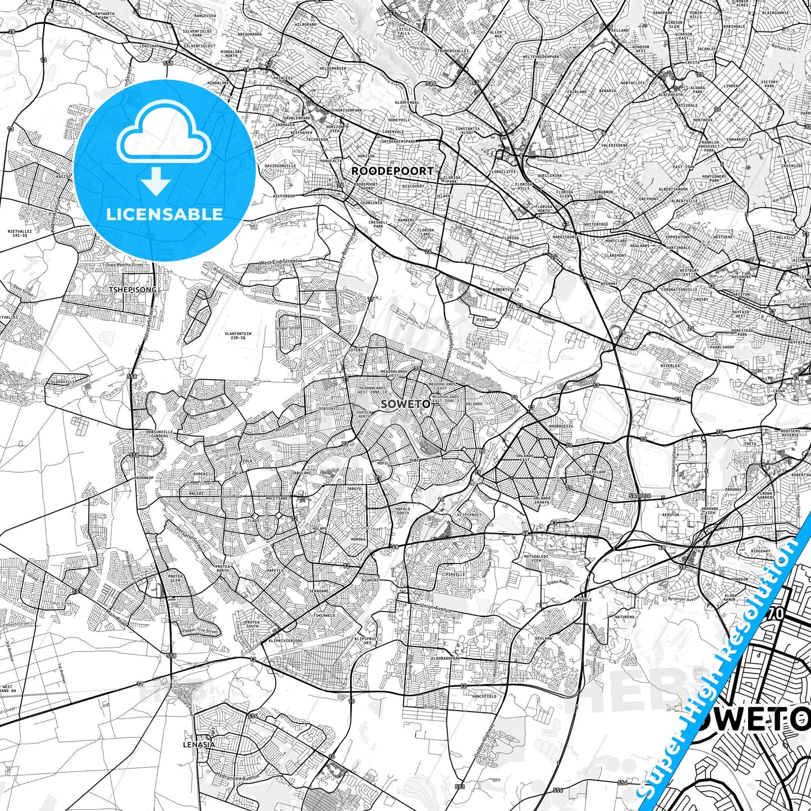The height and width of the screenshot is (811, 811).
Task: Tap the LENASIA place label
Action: coord(199,745)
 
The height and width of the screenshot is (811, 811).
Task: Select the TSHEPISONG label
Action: coord(133,290)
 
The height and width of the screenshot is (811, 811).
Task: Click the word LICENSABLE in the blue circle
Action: coord(164,214)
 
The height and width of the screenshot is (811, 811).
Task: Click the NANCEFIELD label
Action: coord(484,696)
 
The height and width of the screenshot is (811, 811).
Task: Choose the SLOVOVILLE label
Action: coord(62,382)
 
